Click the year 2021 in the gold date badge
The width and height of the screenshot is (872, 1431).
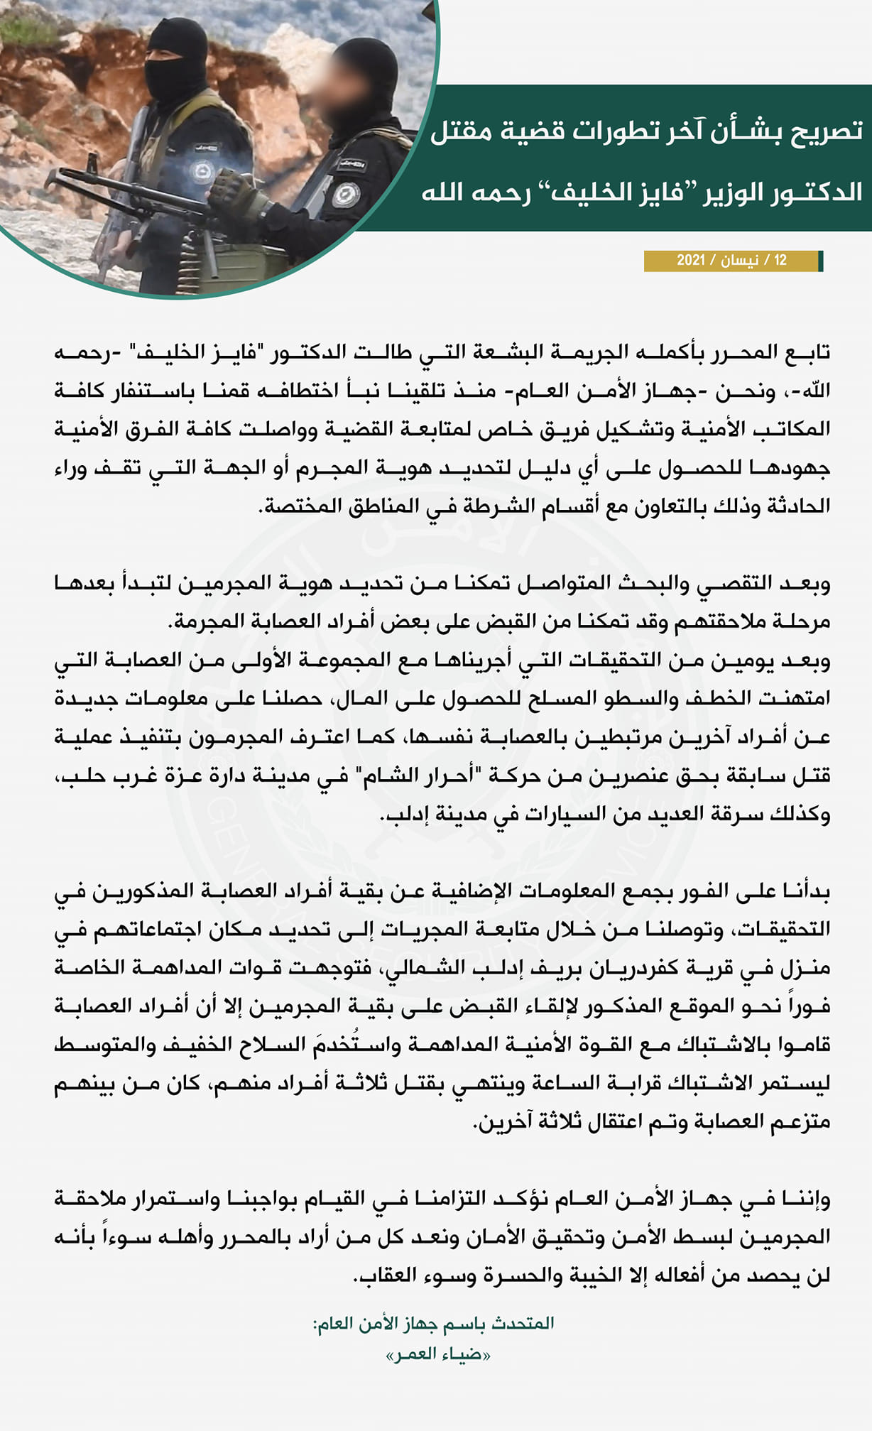(690, 261)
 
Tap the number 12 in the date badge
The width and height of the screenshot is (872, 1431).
(780, 261)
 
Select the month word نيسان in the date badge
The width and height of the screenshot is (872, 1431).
(739, 261)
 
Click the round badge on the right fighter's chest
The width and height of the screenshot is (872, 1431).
(345, 195)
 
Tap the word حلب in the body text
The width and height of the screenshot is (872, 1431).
(75, 775)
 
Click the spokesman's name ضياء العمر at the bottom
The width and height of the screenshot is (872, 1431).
(438, 1354)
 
